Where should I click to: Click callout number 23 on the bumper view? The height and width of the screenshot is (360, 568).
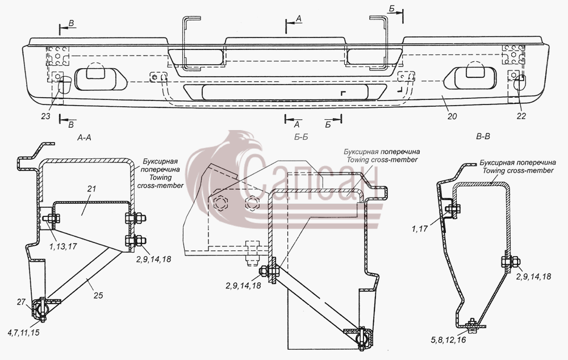45,116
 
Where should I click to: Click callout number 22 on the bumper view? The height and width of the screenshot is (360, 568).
521,116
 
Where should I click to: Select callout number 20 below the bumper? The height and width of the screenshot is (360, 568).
452,116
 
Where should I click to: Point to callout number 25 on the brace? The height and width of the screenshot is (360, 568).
98,295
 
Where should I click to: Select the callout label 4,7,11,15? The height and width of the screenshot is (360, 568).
23,333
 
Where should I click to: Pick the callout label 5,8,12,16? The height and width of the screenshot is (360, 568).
449,340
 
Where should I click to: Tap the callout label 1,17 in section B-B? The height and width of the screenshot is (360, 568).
420,229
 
